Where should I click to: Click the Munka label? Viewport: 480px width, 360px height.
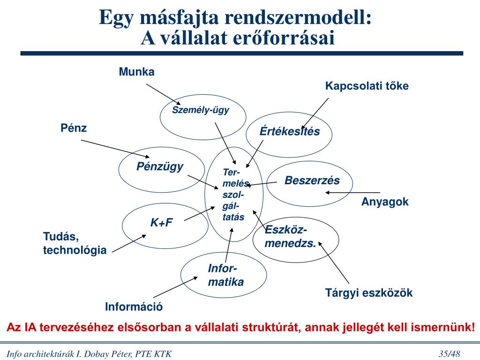136,72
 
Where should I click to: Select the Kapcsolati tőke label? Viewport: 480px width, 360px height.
367,86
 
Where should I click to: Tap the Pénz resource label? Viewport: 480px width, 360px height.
74,128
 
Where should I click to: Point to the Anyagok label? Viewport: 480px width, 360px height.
385,202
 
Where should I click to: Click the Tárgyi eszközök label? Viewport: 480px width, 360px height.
369,293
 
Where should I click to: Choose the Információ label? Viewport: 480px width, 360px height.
134,307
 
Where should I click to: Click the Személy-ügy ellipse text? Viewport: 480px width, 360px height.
201,110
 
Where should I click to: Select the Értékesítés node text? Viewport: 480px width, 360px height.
290,132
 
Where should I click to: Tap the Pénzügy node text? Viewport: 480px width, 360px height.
160,166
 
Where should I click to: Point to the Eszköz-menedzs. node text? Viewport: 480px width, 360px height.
290,237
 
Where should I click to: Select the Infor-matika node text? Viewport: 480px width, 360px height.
225,275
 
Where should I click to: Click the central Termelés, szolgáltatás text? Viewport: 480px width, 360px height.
233,195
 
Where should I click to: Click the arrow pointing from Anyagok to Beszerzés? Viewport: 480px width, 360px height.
357,193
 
